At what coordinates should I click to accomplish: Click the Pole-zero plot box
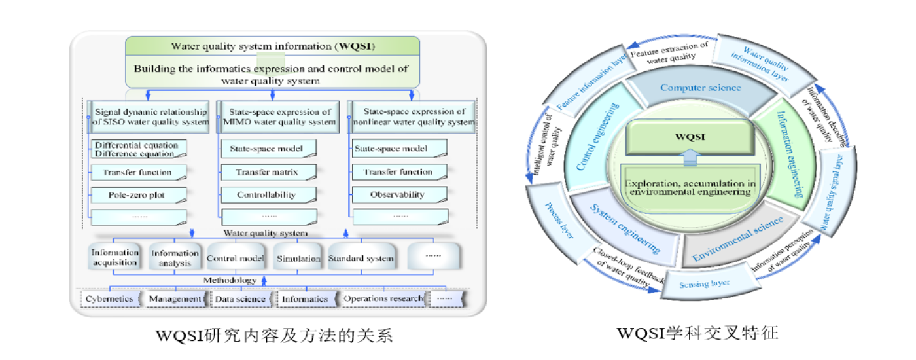point(137,194)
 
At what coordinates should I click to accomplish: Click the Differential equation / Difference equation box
point(137,149)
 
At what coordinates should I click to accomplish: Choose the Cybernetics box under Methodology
point(110,299)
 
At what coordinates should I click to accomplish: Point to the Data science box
point(241,299)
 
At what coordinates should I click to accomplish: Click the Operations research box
point(383,299)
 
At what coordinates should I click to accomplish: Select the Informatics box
point(305,299)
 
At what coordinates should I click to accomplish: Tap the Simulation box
point(298,257)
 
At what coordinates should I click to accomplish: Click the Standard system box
point(361,257)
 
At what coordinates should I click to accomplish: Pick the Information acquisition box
point(115,257)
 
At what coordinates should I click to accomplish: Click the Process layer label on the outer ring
point(558,223)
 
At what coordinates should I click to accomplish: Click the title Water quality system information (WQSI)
point(273,46)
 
